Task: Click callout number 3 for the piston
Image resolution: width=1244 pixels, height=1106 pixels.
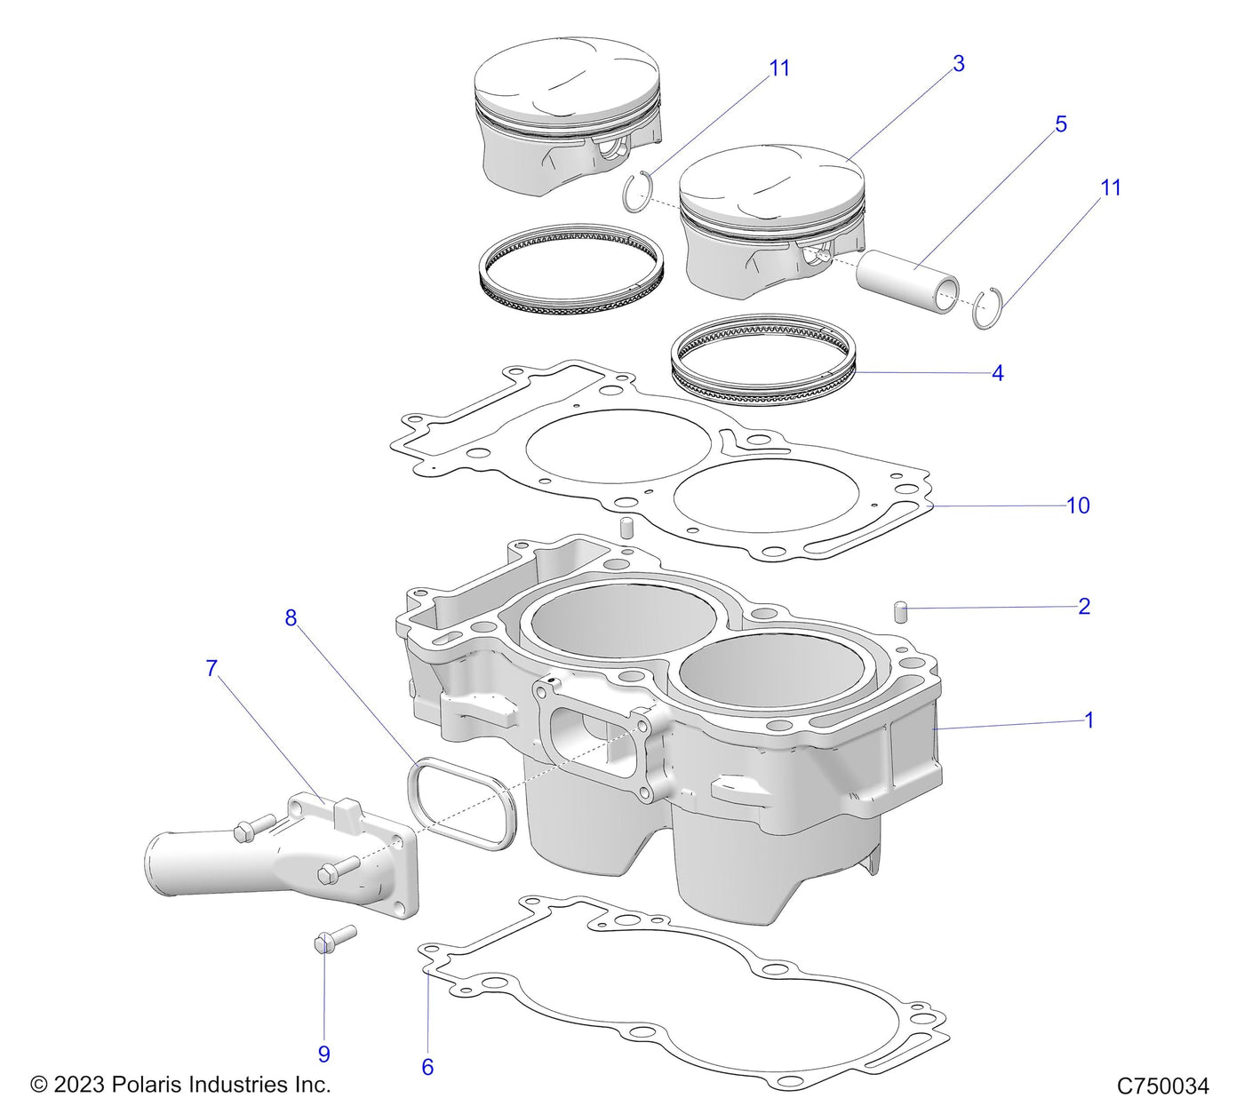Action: pos(958,64)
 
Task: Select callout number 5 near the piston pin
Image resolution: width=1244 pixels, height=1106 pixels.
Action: pos(1060,124)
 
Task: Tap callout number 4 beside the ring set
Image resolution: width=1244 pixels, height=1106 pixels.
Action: pos(997,373)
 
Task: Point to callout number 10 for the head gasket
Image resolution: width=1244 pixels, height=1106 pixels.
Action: pos(1077,505)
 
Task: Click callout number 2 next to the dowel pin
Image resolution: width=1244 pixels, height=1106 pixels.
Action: pos(1083,607)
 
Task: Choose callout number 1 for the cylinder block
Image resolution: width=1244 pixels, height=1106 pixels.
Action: pos(1088,720)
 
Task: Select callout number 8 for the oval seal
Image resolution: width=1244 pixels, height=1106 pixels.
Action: pos(291,618)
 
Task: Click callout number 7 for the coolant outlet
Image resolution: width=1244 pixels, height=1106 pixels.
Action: pos(211,668)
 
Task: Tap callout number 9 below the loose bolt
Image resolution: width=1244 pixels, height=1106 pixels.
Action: pos(324,1054)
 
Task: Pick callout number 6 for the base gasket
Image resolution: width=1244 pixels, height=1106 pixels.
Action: pos(427,1067)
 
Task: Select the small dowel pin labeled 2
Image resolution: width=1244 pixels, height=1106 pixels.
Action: pos(899,612)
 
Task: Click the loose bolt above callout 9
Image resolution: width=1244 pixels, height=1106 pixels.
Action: pos(335,938)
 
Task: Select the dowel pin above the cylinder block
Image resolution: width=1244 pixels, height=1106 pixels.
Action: pos(626,528)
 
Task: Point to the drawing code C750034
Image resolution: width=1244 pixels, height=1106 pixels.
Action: pos(1162,1086)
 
